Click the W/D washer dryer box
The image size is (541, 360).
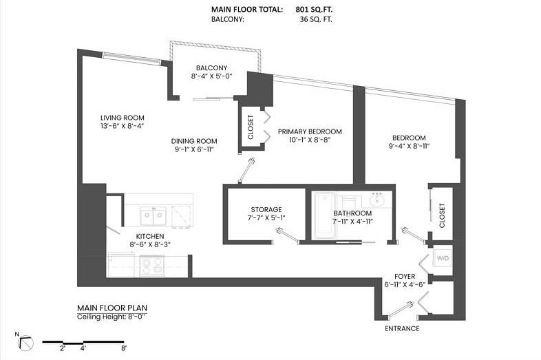point(443,258)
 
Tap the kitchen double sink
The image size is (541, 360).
point(153,216)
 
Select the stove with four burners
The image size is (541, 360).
point(152,266)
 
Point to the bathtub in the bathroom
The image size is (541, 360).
point(324,215)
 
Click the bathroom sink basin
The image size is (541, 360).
point(378,200)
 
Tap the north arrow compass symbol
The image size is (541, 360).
point(26,343)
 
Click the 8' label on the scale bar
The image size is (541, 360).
point(124,348)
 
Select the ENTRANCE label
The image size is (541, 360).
point(402,328)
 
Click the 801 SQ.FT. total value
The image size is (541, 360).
point(314,10)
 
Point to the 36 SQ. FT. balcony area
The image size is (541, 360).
point(316,19)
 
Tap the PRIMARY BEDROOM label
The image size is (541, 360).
point(310,131)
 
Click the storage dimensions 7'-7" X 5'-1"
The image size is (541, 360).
point(266,218)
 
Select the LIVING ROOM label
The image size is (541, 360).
point(123,118)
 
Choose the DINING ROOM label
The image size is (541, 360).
point(194,141)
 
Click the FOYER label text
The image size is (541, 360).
point(405,277)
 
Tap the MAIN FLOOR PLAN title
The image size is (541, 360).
point(112,308)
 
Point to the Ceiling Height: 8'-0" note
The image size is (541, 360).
point(112,317)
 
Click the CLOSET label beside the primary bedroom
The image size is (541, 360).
point(251,127)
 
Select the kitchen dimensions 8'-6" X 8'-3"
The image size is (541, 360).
point(151,244)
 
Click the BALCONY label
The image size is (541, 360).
point(211,67)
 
